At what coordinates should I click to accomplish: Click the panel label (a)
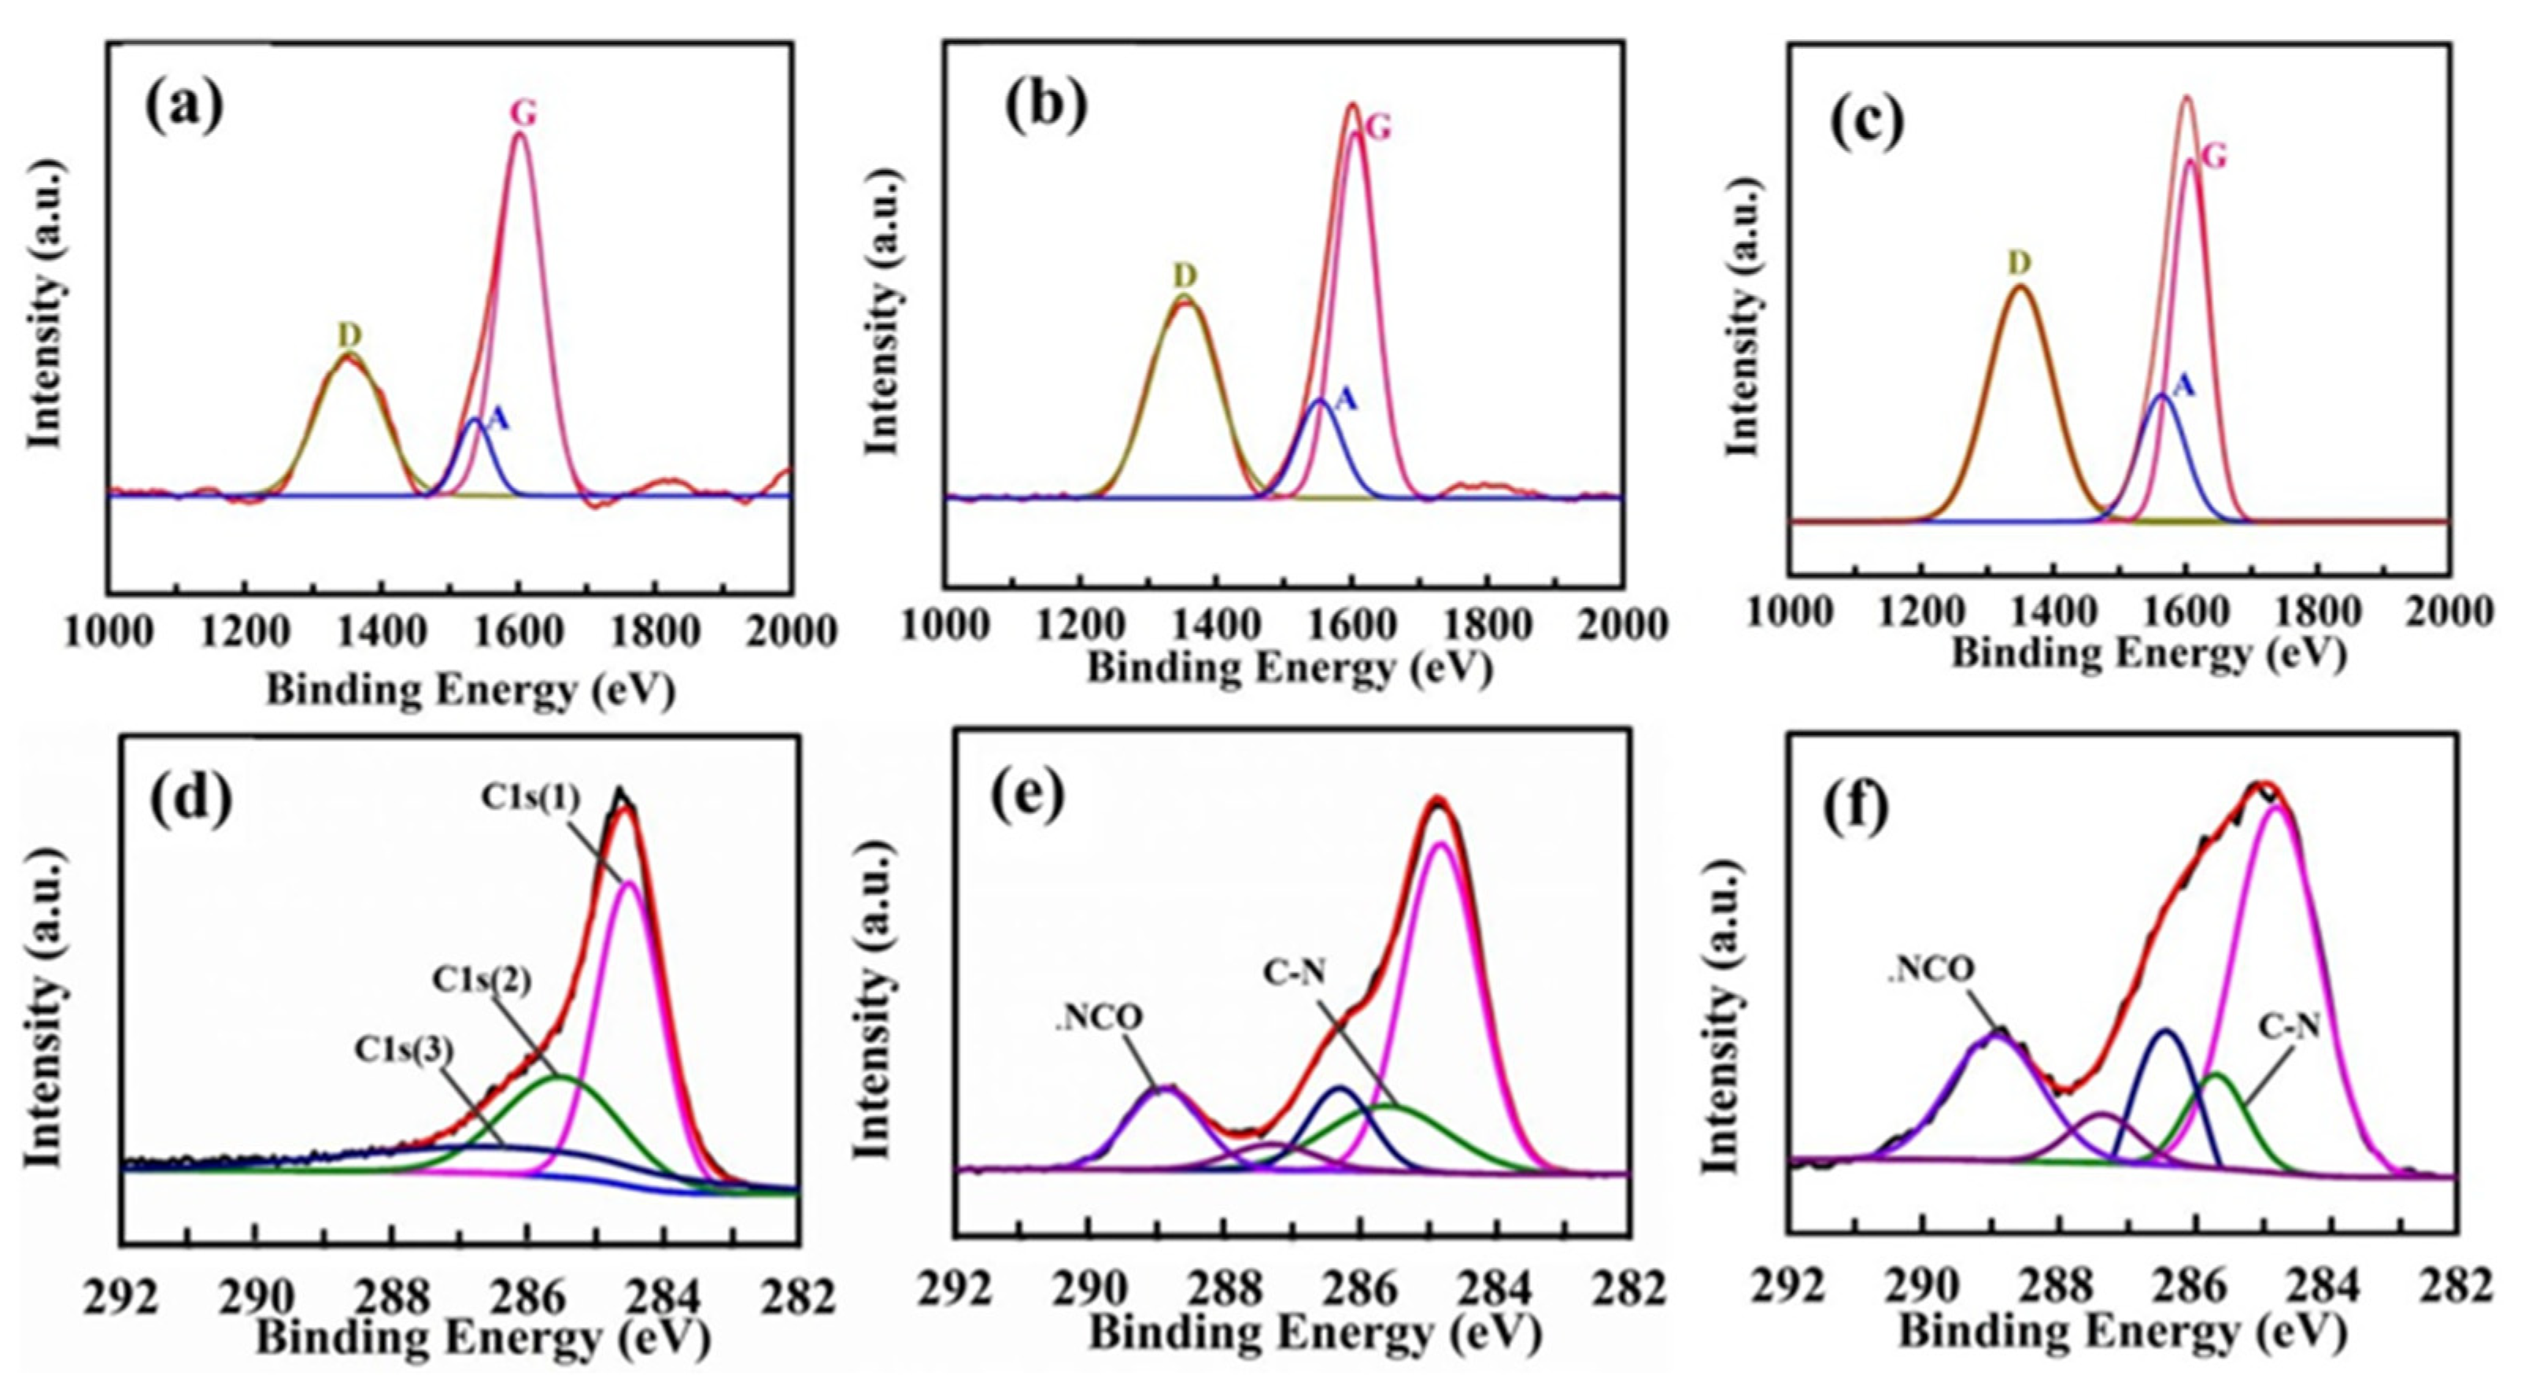click(185, 108)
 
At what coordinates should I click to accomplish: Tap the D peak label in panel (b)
click(1185, 276)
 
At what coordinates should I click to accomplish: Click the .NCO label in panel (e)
click(1098, 1017)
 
